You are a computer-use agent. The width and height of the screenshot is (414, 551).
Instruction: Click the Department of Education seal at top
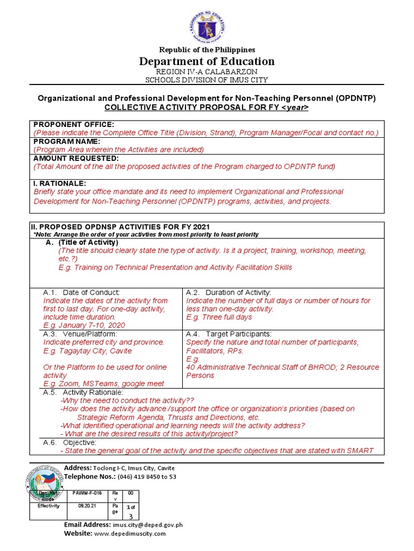[208, 25]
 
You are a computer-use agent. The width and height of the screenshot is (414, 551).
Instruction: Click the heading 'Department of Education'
[208, 61]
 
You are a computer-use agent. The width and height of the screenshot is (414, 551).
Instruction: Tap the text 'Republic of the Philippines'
[208, 50]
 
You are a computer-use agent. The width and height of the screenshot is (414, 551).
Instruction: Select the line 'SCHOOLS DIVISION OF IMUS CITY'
[208, 80]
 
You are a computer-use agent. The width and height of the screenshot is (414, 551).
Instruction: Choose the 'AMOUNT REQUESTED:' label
[75, 158]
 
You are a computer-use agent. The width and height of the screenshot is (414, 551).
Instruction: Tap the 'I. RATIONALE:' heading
[59, 183]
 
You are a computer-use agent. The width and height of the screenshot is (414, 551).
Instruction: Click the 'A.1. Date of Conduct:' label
[81, 292]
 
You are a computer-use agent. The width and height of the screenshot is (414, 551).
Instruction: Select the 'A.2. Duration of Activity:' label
[229, 292]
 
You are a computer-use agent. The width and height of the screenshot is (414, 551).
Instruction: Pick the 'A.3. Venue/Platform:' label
[80, 334]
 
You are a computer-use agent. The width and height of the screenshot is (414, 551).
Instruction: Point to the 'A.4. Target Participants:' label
[229, 334]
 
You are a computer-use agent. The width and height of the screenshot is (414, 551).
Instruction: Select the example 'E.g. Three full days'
[219, 317]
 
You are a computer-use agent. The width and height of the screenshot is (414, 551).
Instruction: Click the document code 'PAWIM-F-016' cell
[87, 493]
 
